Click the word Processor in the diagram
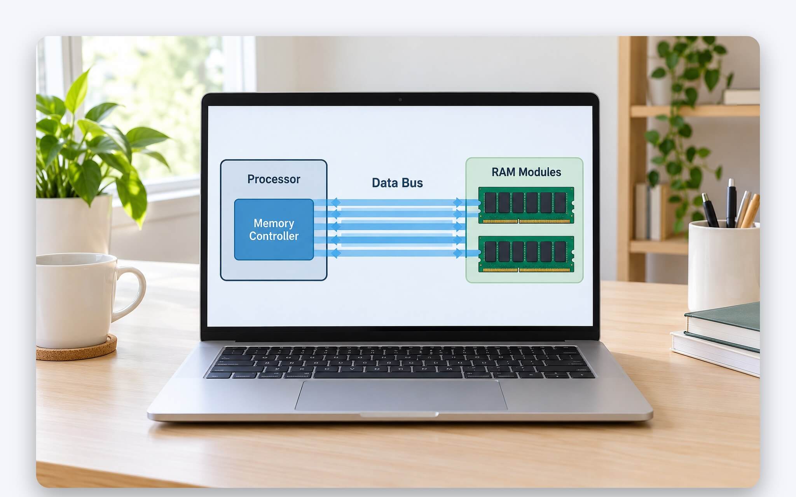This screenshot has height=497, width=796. click(x=274, y=179)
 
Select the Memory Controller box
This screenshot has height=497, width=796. click(x=274, y=229)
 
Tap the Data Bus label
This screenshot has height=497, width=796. click(x=397, y=183)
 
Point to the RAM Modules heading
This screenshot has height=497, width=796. click(x=526, y=172)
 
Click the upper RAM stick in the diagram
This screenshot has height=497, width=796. click(x=526, y=205)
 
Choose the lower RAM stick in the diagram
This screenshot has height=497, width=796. click(x=526, y=254)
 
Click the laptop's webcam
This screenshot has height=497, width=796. click(x=400, y=100)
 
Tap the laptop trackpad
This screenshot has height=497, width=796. click(x=401, y=395)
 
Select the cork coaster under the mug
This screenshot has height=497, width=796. click(x=77, y=348)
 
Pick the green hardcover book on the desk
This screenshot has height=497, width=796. click(x=722, y=325)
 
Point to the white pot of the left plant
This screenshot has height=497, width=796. click(x=74, y=226)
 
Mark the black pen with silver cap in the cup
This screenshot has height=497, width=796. click(x=731, y=203)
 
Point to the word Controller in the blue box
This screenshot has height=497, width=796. click(x=274, y=236)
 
